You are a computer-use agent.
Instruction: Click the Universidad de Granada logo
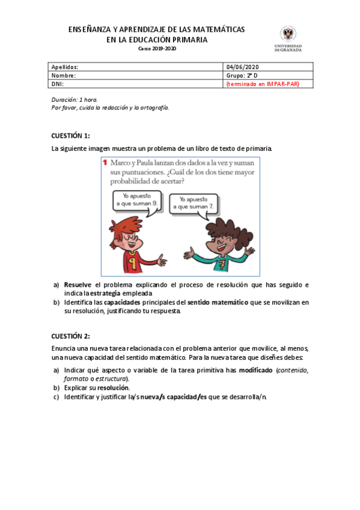tap(288, 38)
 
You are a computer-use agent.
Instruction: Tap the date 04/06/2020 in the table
tap(242, 67)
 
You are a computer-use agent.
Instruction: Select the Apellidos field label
tap(65, 67)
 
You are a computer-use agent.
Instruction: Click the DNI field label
tap(58, 84)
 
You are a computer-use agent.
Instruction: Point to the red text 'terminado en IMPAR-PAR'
tap(262, 84)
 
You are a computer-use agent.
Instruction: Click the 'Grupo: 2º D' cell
tap(242, 75)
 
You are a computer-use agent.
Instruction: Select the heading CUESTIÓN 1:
tap(70, 135)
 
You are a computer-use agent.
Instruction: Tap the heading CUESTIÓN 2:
tap(70, 336)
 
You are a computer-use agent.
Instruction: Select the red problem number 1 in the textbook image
tap(105, 163)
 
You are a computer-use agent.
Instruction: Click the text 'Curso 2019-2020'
tap(157, 48)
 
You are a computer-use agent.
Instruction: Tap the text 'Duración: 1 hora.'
tap(75, 99)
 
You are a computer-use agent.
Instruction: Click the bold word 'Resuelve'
tap(78, 284)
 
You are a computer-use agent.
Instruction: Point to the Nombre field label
tap(64, 75)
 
